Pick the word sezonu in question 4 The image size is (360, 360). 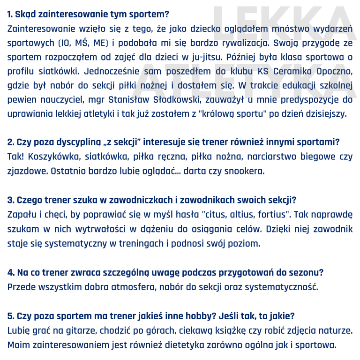click(x=307, y=272)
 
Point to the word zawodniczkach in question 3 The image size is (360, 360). click(x=120, y=200)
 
